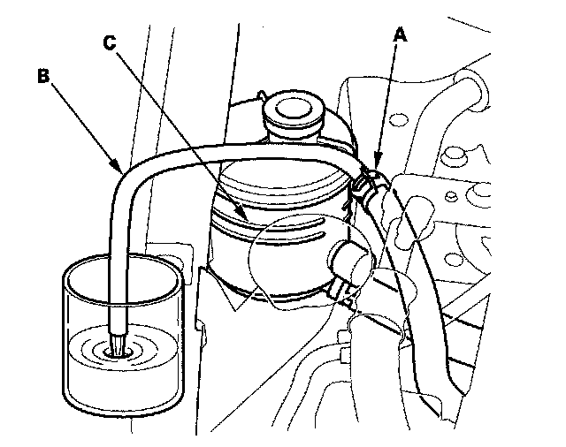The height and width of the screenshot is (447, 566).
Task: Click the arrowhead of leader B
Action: [x=119, y=168]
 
